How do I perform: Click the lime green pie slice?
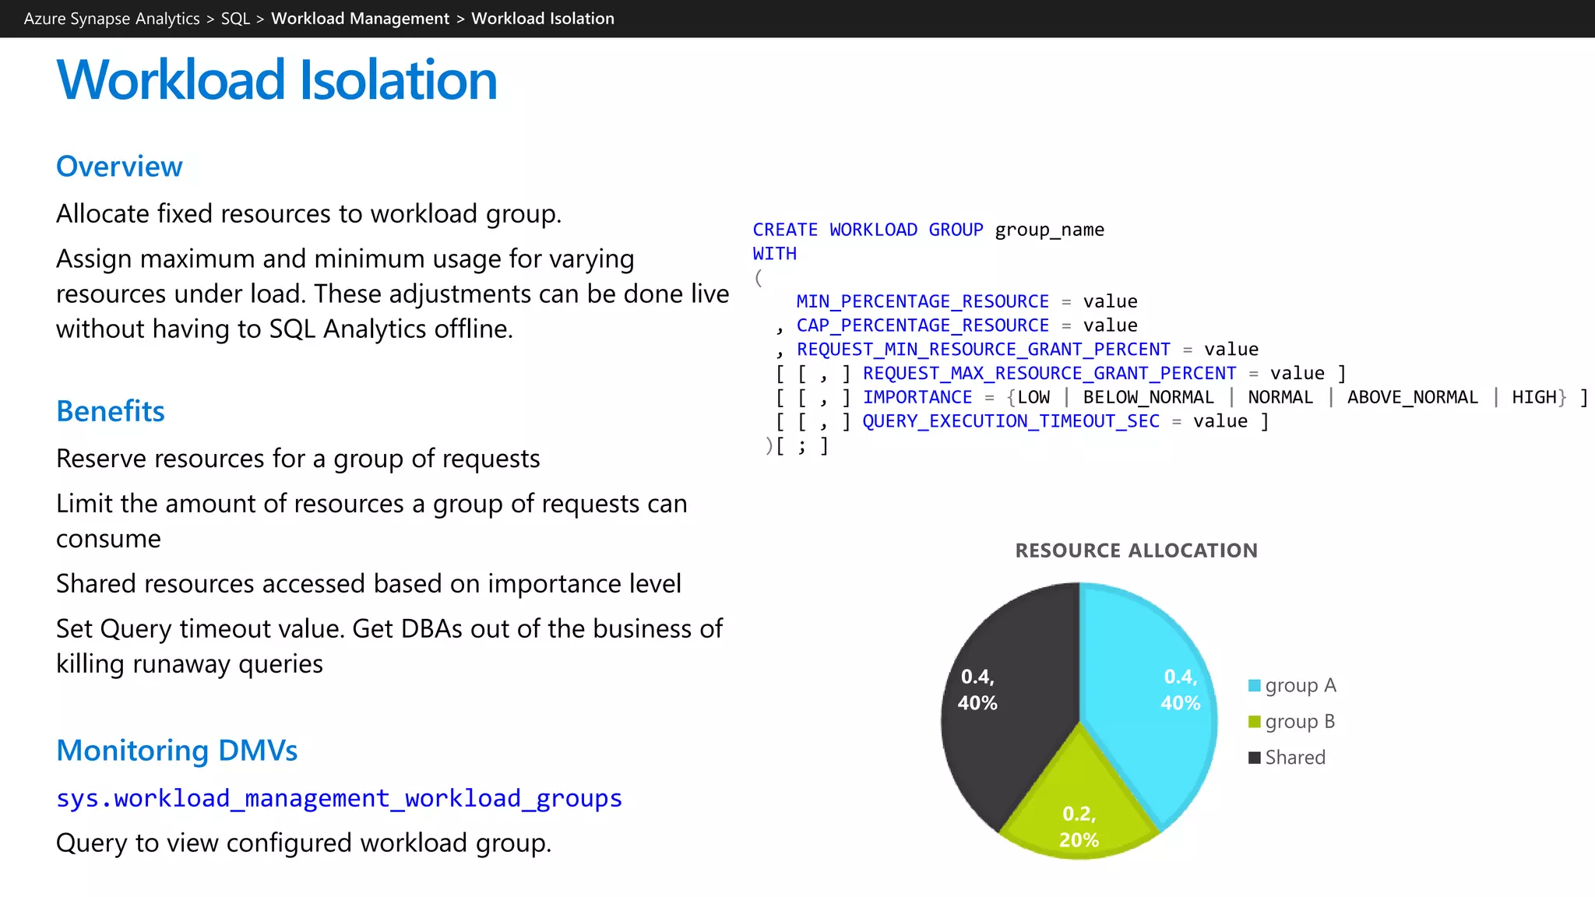pos(1079,802)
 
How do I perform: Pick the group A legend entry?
pos(1292,686)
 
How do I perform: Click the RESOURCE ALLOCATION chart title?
pos(1136,551)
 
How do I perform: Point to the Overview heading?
pos(119,167)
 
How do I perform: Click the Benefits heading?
pos(111,411)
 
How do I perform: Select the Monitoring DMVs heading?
pos(177,751)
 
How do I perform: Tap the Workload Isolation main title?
pos(276,80)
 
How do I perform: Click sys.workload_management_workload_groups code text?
pos(339,799)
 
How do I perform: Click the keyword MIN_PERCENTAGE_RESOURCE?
pos(922,301)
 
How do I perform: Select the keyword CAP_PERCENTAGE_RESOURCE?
pos(922,325)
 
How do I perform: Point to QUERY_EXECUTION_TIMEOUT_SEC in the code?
pos(1011,421)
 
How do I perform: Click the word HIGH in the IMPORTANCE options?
pos(1533,397)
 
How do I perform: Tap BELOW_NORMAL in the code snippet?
pos(1148,397)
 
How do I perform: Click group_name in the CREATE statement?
pos(1049,230)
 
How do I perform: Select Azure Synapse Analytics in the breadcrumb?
pos(111,19)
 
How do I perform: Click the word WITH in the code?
pos(774,254)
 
